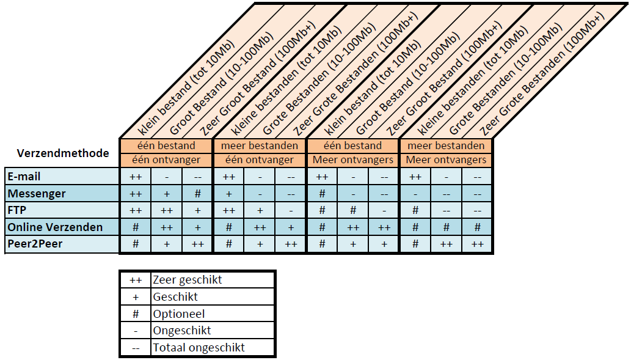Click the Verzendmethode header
pyautogui.click(x=63, y=153)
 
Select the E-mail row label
pyautogui.click(x=24, y=177)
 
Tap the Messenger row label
pyautogui.click(x=37, y=194)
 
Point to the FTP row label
pyautogui.click(x=17, y=210)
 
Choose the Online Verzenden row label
pyautogui.click(x=55, y=227)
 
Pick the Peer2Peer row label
pyautogui.click(x=35, y=244)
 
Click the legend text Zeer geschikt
pyautogui.click(x=187, y=280)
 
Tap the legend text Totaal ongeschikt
pyautogui.click(x=199, y=348)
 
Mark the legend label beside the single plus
pyautogui.click(x=175, y=297)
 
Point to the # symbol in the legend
pyautogui.click(x=136, y=314)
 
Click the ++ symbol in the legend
pyautogui.click(x=136, y=281)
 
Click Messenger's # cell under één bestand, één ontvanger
pyautogui.click(x=197, y=194)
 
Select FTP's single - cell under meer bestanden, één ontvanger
pyautogui.click(x=291, y=211)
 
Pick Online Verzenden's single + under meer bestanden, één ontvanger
pyautogui.click(x=291, y=227)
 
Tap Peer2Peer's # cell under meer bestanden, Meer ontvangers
pyautogui.click(x=415, y=244)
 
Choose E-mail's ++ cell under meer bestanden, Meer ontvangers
pyautogui.click(x=415, y=177)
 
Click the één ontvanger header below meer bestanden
pyautogui.click(x=260, y=160)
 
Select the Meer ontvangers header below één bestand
pyautogui.click(x=353, y=160)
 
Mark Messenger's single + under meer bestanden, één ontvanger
pyautogui.click(x=229, y=194)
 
